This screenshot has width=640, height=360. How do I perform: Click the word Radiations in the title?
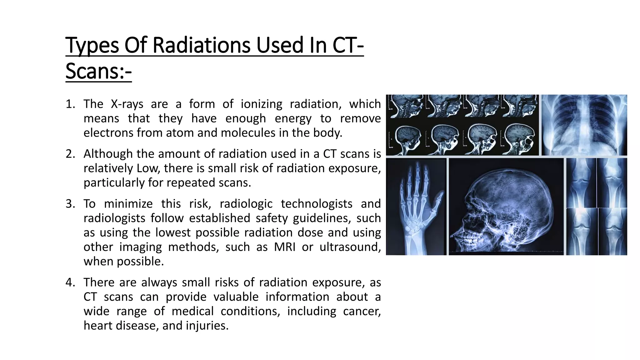point(202,45)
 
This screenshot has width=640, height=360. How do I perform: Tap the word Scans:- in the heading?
point(98,71)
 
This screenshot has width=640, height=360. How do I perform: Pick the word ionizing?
point(261,104)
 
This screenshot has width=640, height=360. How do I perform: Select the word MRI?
point(284,247)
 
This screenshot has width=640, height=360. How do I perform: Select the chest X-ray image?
point(584,125)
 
